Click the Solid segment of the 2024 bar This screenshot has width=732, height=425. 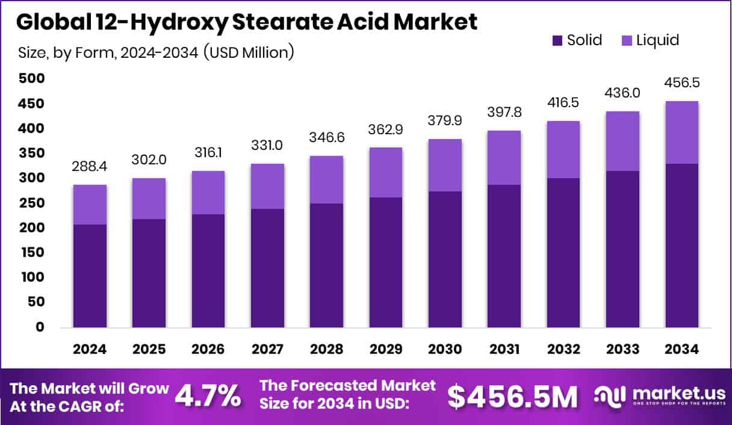click(x=90, y=276)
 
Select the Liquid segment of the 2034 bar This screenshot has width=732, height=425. click(x=681, y=132)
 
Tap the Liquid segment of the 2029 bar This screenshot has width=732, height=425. click(x=385, y=172)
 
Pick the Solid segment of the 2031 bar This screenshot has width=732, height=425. click(x=504, y=256)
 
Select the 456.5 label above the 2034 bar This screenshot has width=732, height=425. click(x=681, y=82)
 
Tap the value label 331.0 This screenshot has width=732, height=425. click(x=267, y=146)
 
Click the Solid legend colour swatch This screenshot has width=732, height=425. click(x=557, y=41)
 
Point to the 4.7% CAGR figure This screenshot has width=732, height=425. click(x=208, y=396)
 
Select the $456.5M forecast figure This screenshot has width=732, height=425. click(x=512, y=396)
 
